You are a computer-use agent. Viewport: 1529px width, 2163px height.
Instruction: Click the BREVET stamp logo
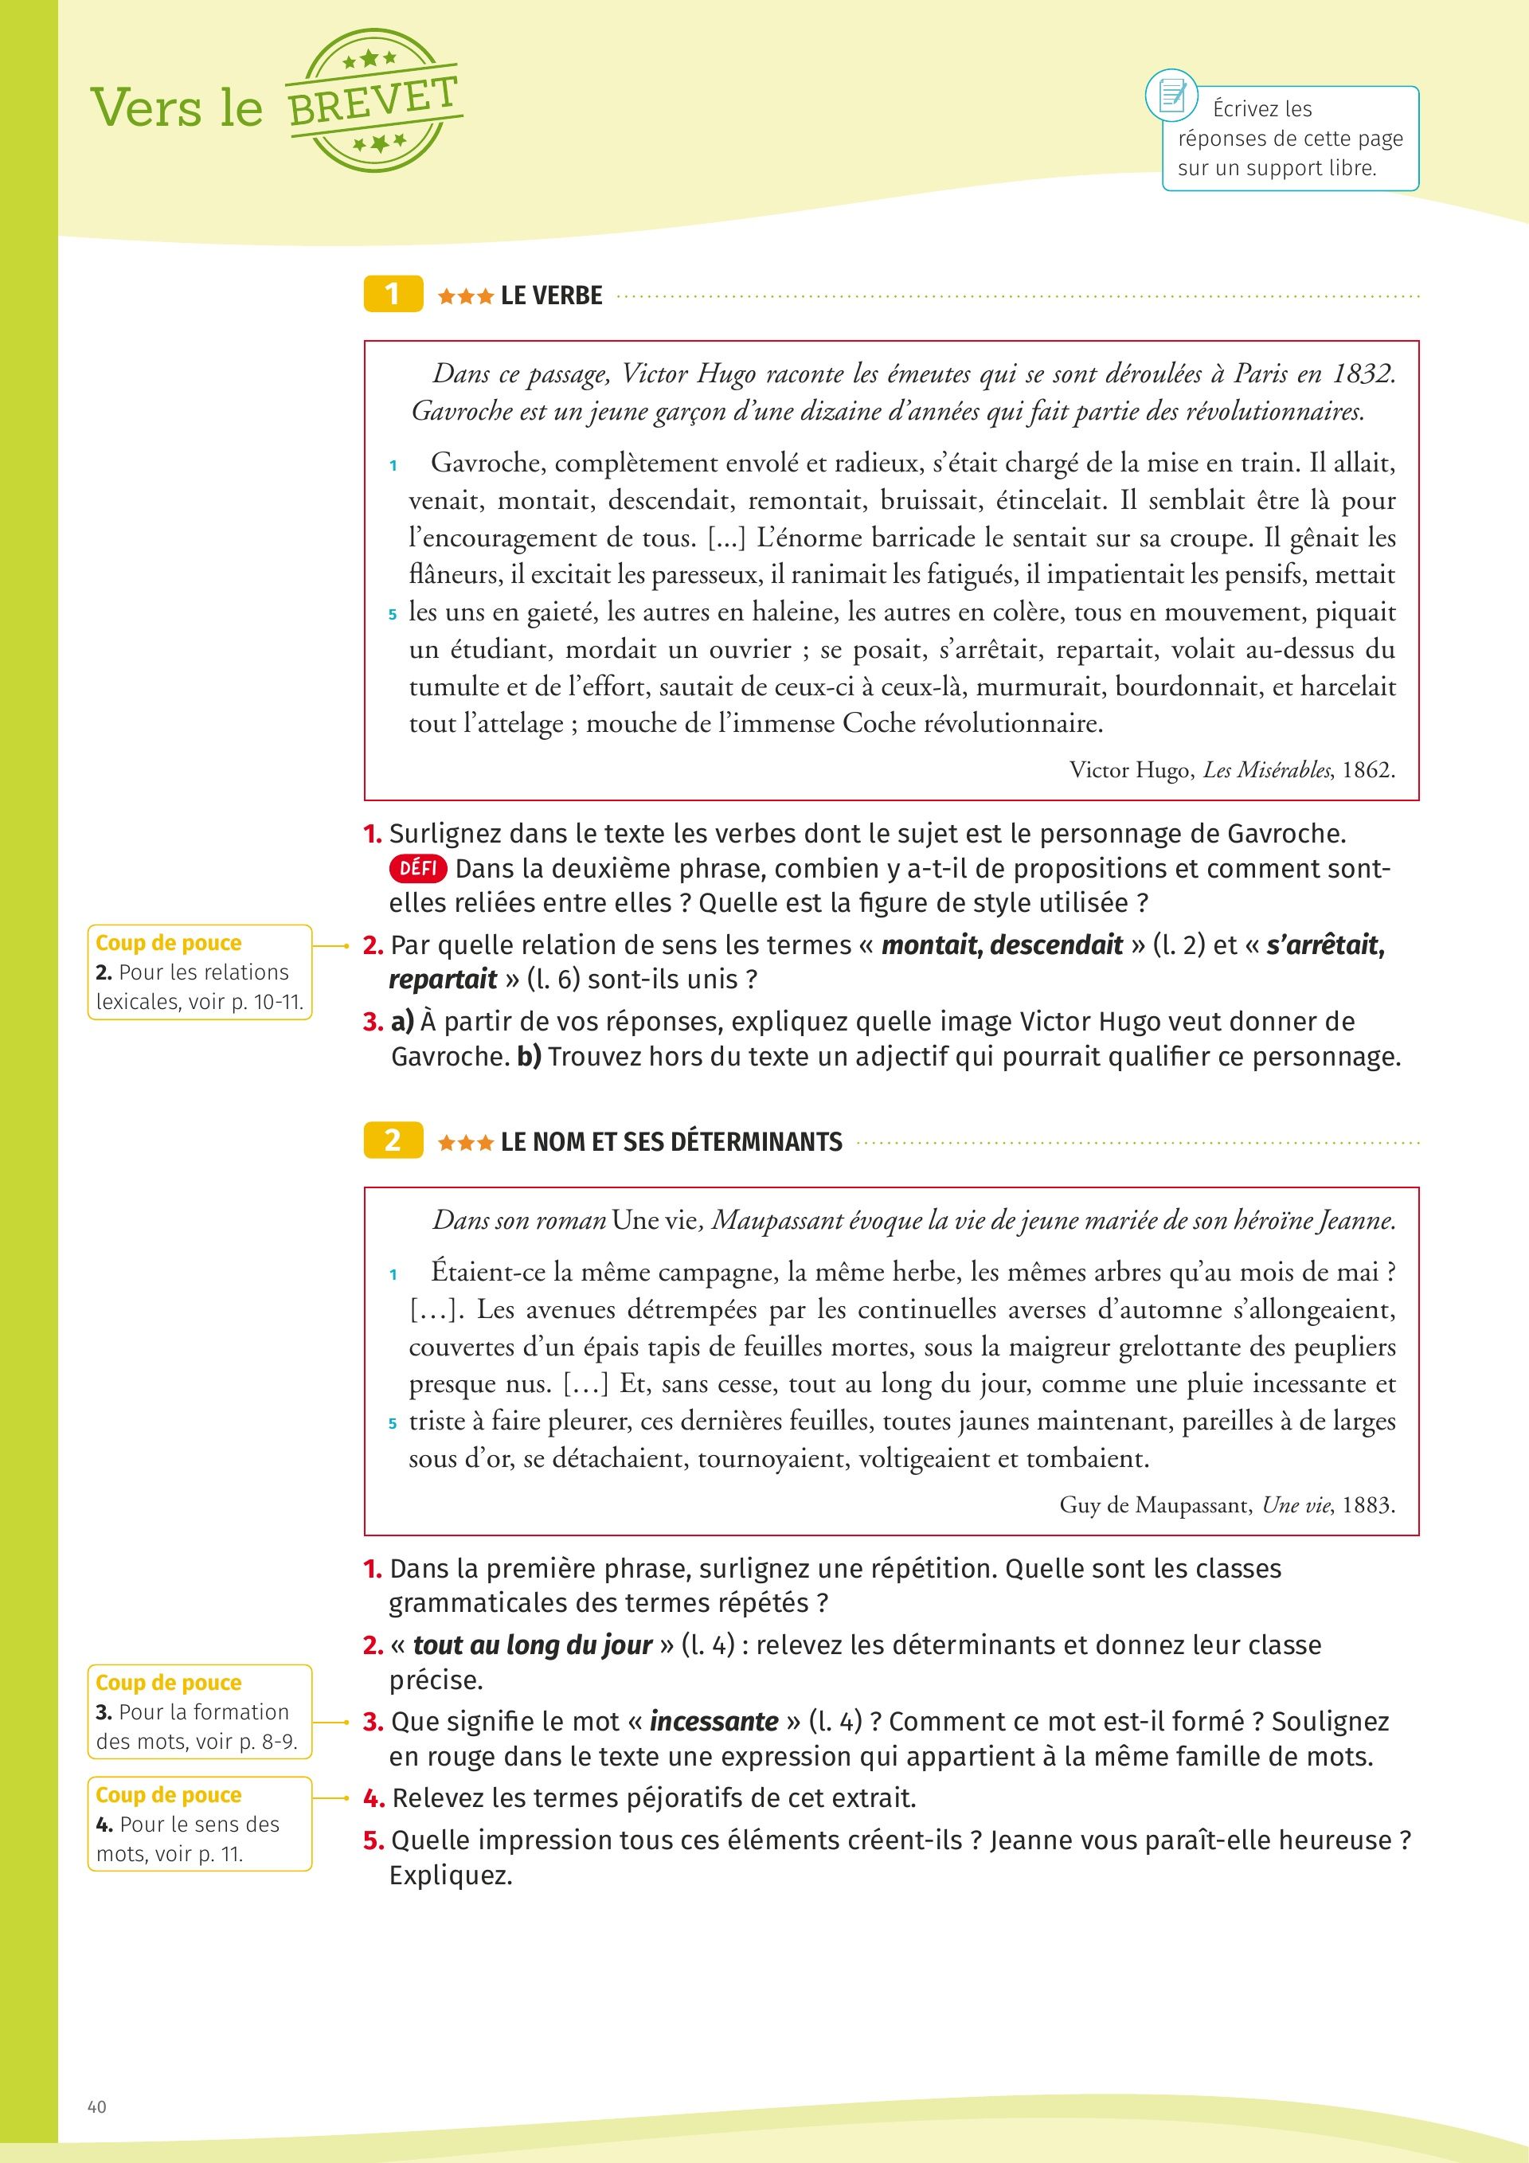[373, 101]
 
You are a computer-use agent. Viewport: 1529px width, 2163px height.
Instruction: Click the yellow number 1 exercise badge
[392, 295]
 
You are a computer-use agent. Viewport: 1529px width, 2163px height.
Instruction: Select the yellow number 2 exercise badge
[392, 1141]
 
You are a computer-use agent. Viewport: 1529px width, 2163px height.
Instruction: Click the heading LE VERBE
[551, 295]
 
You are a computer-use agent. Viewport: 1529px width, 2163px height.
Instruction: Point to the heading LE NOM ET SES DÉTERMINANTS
[671, 1142]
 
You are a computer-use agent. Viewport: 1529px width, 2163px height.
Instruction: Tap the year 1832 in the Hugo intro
[1363, 374]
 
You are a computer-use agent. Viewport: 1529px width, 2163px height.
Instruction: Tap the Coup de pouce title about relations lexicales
[169, 943]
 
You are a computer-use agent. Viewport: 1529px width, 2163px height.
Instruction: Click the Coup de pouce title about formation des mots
[169, 1683]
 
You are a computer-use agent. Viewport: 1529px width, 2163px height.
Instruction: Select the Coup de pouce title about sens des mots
[169, 1794]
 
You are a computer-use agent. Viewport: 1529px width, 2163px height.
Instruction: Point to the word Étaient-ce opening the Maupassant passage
[488, 1273]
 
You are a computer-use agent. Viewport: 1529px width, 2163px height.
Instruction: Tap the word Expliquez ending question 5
[450, 1876]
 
